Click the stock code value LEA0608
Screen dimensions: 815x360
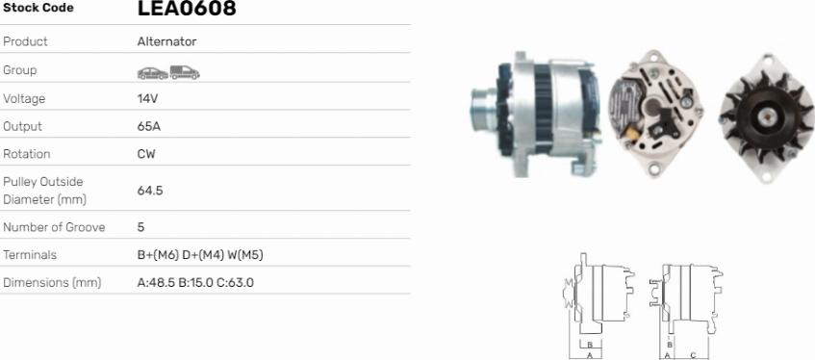187,8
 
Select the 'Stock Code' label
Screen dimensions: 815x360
38,8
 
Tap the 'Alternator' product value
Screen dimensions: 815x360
166,41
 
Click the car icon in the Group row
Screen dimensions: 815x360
153,73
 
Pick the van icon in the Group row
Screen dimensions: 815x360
185,72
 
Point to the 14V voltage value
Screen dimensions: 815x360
147,98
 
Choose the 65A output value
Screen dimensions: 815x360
149,126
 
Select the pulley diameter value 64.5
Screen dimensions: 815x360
150,191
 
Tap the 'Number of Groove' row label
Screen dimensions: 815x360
54,227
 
